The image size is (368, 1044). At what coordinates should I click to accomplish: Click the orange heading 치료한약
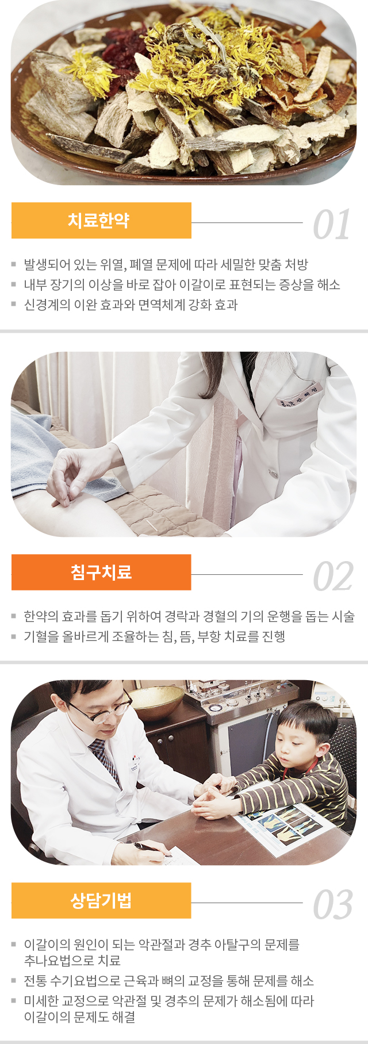[98, 220]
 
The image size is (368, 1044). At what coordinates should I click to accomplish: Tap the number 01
[332, 225]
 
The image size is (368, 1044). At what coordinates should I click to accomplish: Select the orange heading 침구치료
[101, 572]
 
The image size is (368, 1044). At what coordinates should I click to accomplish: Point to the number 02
[333, 577]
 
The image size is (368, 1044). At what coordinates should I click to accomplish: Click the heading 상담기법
[101, 900]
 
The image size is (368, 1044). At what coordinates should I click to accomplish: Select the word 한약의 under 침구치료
[41, 616]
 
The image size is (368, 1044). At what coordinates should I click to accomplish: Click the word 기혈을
[41, 636]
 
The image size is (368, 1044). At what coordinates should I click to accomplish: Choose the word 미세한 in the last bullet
[41, 1001]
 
